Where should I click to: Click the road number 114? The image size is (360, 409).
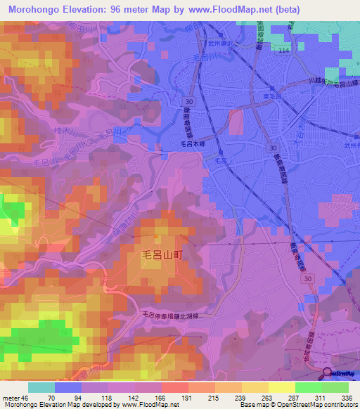tap(283, 51)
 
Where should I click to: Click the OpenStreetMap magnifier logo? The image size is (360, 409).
tap(328, 374)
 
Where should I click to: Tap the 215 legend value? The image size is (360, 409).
tap(202, 398)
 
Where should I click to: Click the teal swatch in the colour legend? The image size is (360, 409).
tap(41, 387)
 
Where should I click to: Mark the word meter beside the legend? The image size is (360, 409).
tap(10, 398)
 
